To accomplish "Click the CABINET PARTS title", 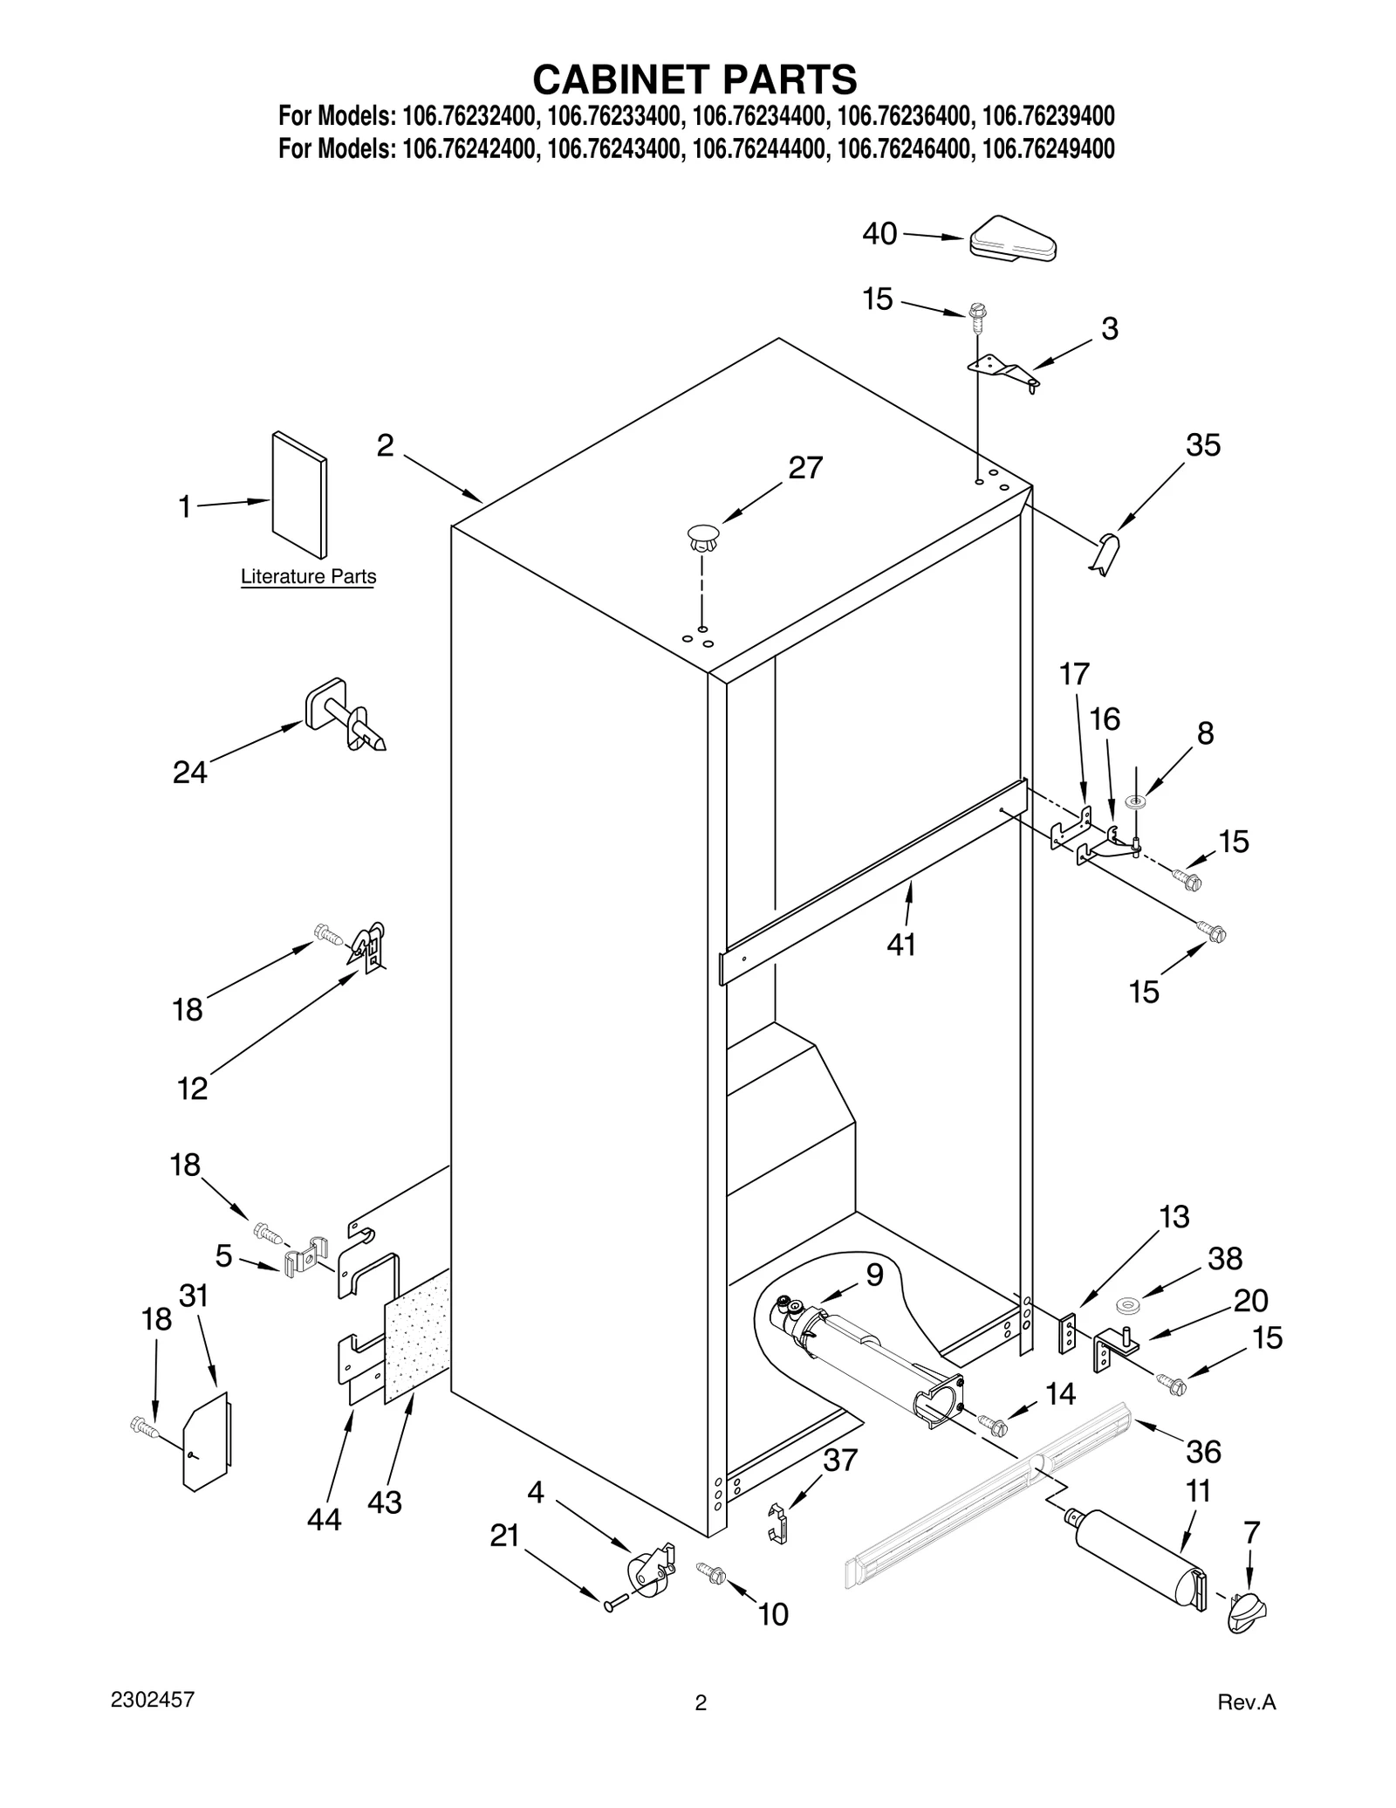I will click(x=695, y=79).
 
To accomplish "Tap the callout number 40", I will click(x=879, y=234).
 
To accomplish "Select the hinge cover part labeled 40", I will click(x=1013, y=238).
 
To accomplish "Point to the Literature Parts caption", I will click(x=308, y=576).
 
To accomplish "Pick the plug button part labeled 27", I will click(x=703, y=537).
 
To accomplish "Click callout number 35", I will click(x=1202, y=445).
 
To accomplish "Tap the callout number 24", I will click(x=189, y=772).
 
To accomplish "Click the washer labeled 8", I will click(x=1136, y=801).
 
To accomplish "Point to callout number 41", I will click(x=901, y=944).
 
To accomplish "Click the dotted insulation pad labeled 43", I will click(x=417, y=1349).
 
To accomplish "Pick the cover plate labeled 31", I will click(x=205, y=1440).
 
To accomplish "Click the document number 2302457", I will click(x=153, y=1700).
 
